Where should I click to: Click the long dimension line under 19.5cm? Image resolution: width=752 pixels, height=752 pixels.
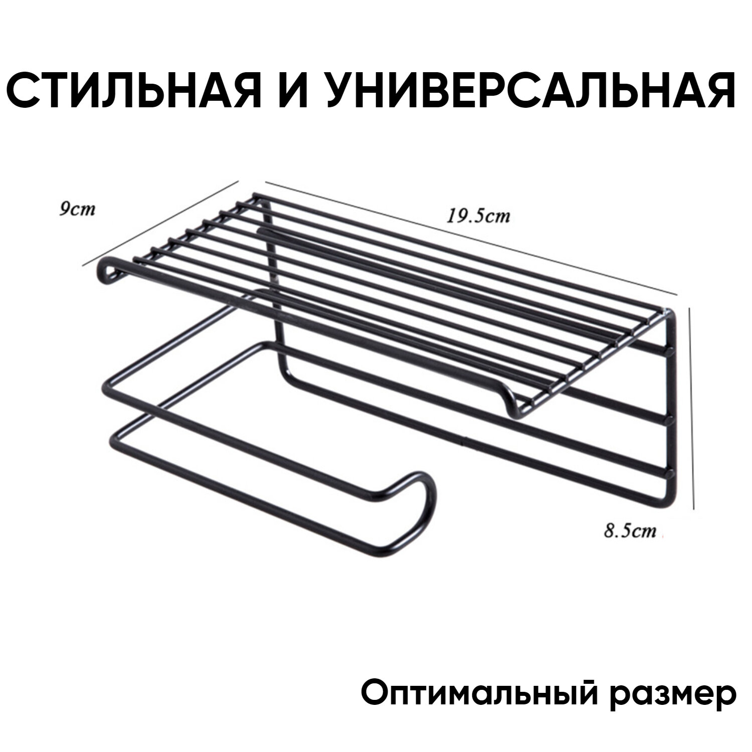[x=471, y=236]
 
